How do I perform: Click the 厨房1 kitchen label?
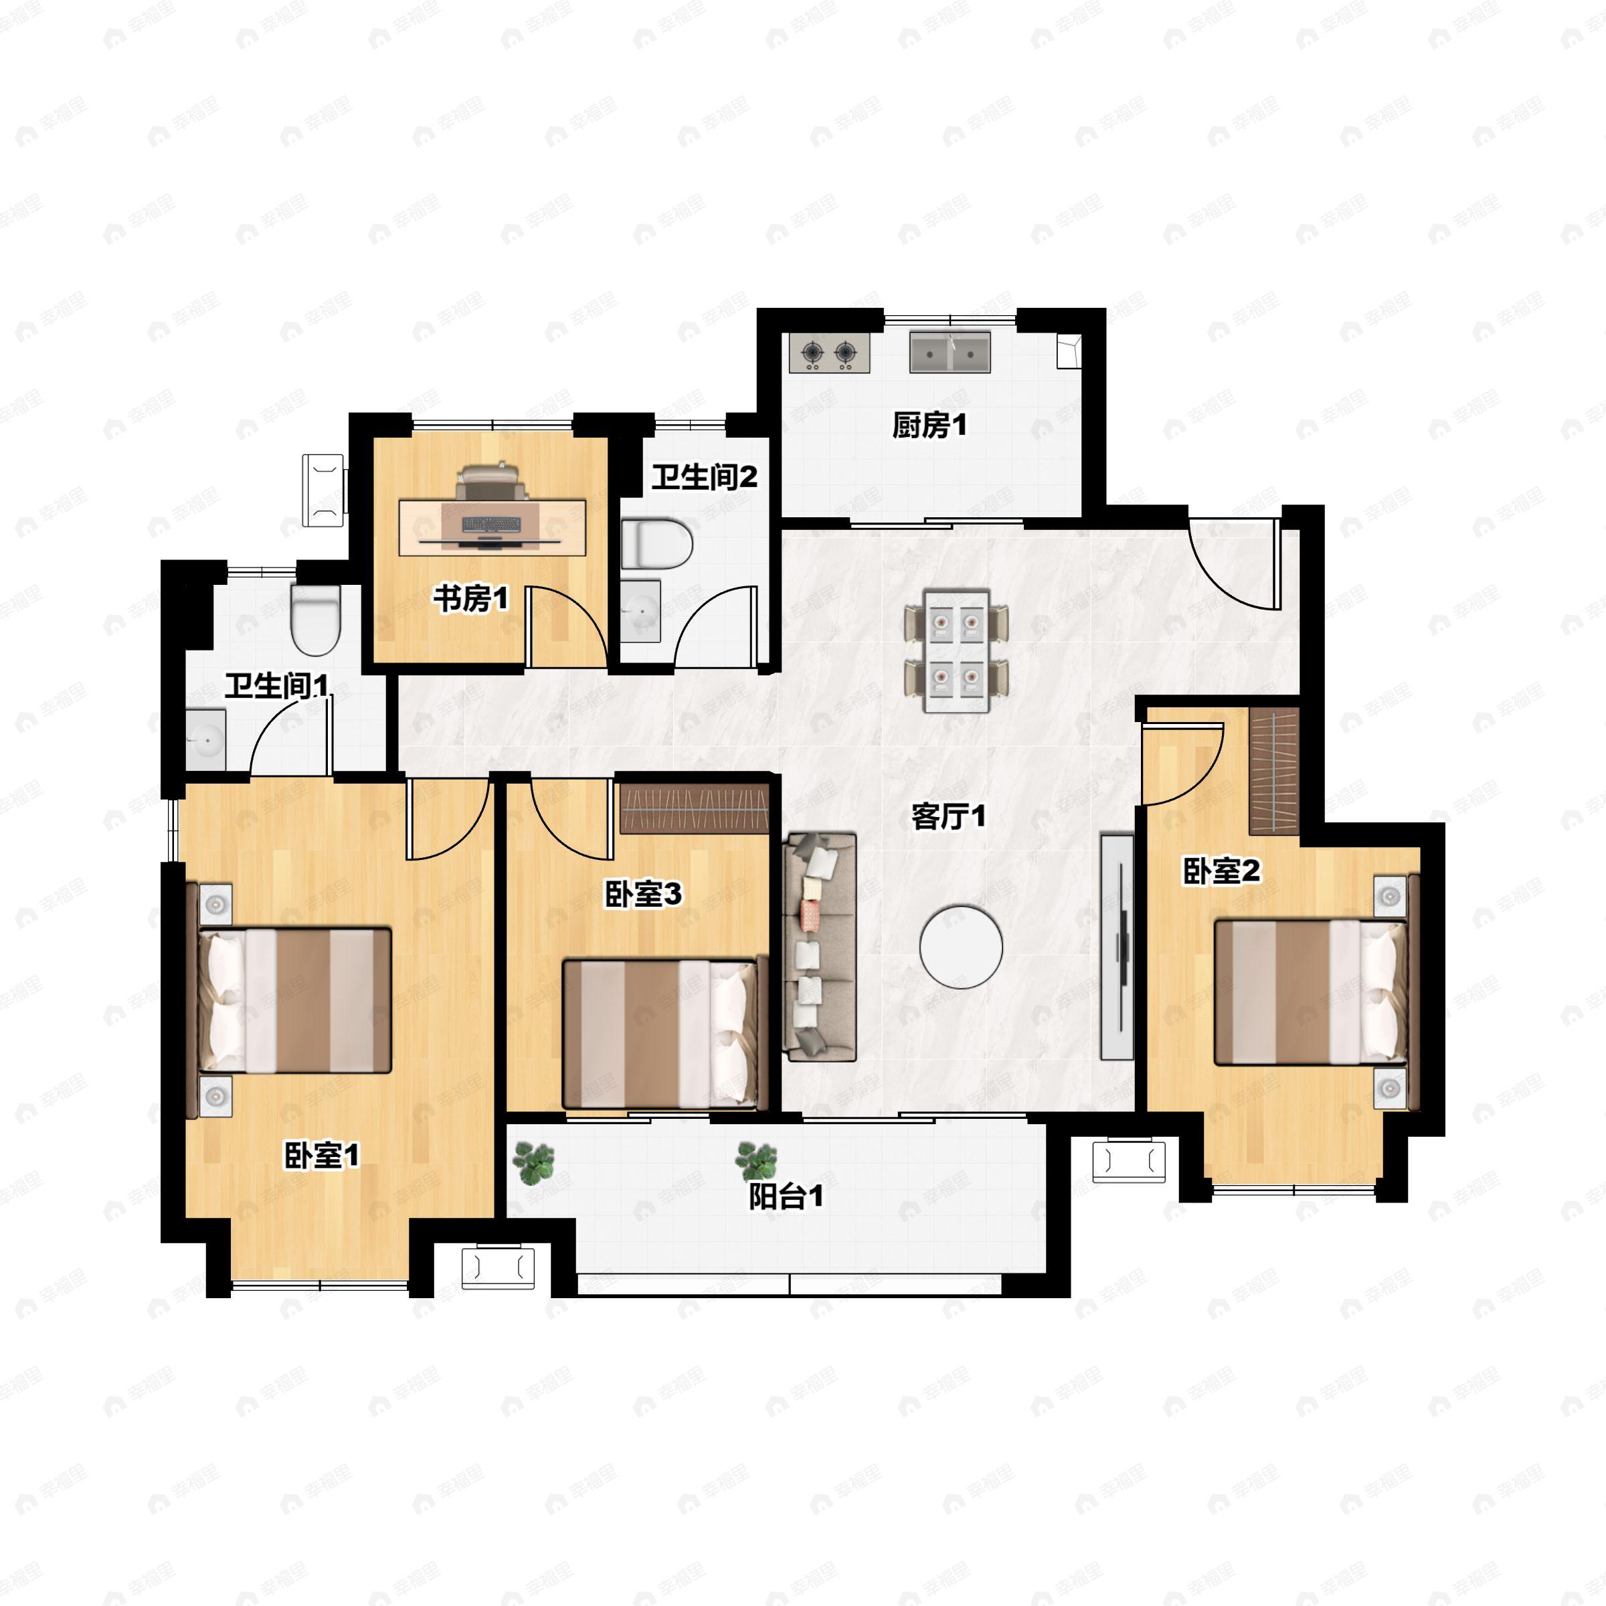click(x=929, y=426)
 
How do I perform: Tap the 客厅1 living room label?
click(x=948, y=816)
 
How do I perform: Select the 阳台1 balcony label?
click(x=786, y=1196)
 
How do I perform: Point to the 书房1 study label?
click(x=470, y=598)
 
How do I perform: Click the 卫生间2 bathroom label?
click(x=704, y=476)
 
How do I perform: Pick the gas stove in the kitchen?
click(x=830, y=353)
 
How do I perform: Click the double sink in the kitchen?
click(x=950, y=353)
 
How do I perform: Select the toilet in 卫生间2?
click(x=656, y=545)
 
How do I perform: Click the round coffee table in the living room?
click(x=961, y=947)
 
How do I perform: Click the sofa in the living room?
click(x=820, y=947)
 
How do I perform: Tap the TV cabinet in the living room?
click(x=1116, y=946)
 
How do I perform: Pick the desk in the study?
click(x=492, y=527)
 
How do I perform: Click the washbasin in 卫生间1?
click(x=205, y=739)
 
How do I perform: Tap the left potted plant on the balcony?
click(x=534, y=1162)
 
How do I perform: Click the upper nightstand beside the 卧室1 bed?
click(x=215, y=903)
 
